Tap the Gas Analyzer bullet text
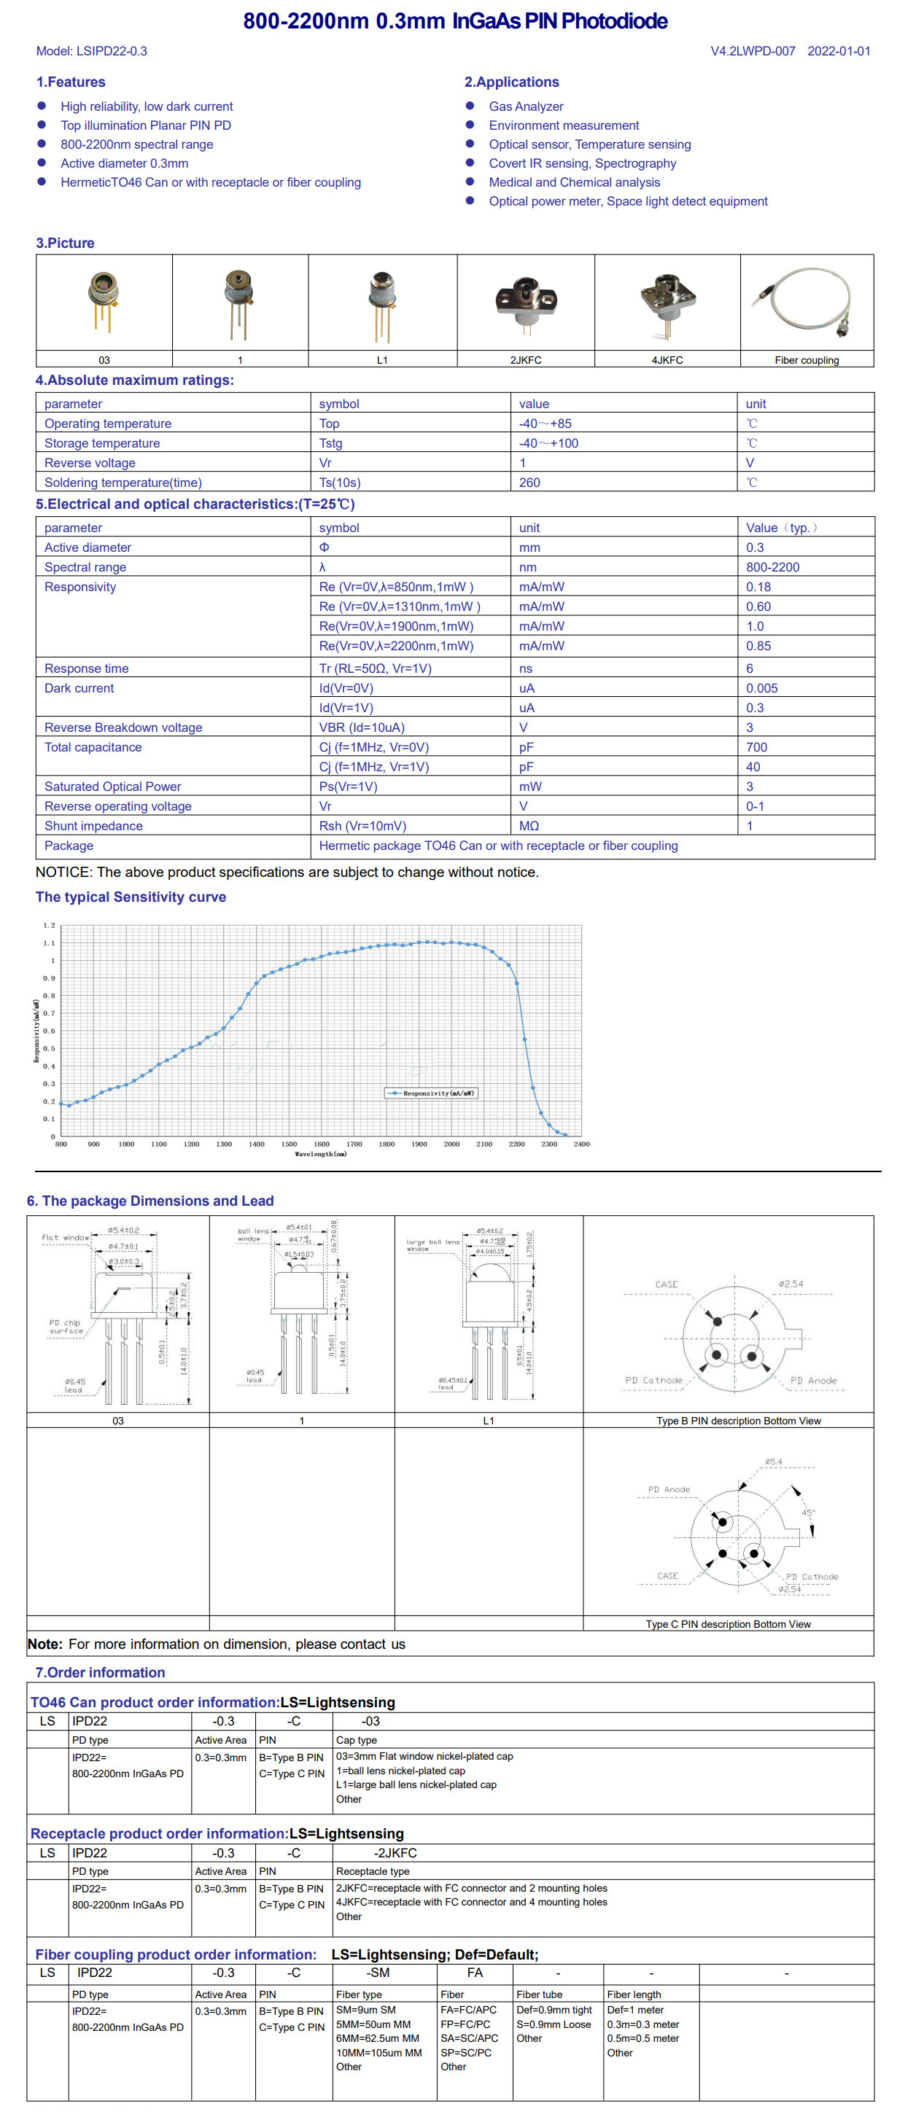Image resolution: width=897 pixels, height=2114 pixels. [525, 106]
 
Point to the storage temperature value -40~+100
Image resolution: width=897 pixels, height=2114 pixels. [548, 443]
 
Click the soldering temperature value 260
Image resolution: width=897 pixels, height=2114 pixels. [529, 483]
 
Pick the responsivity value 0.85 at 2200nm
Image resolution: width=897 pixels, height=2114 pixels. [758, 646]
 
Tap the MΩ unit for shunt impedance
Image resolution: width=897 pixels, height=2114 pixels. [529, 826]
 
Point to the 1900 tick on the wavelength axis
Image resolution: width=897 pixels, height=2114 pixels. [419, 1144]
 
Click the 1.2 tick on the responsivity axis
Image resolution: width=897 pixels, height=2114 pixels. [50, 926]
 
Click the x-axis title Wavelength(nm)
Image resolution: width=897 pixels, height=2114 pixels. [320, 1154]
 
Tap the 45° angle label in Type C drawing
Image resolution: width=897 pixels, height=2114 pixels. [807, 1513]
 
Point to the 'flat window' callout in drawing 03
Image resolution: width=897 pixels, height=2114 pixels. [65, 1238]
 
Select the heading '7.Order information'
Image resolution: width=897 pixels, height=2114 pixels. [100, 1672]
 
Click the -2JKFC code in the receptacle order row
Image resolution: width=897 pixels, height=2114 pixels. [395, 1853]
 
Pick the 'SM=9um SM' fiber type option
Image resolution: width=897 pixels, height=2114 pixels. [365, 2010]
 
